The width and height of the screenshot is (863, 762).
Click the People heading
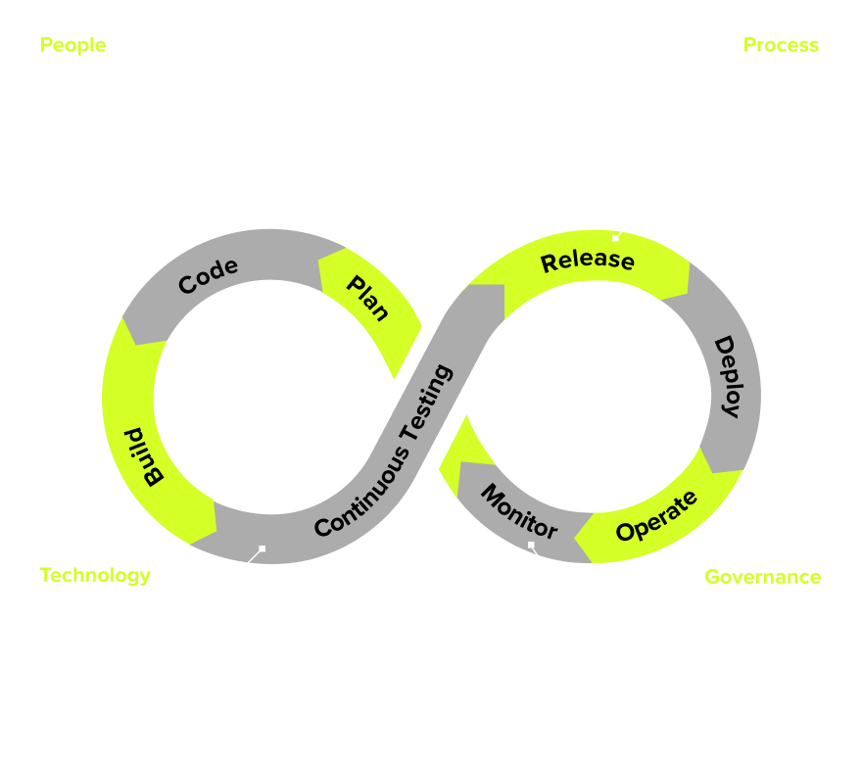pyautogui.click(x=72, y=45)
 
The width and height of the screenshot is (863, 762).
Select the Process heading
pyautogui.click(x=781, y=45)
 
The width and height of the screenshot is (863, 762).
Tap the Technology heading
pyautogui.click(x=95, y=575)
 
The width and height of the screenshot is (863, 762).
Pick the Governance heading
pyautogui.click(x=762, y=576)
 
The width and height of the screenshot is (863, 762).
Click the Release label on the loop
pyautogui.click(x=588, y=261)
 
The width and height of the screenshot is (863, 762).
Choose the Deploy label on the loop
pyautogui.click(x=727, y=377)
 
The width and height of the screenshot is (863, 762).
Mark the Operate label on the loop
pyautogui.click(x=656, y=516)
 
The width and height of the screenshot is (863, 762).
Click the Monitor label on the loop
pyautogui.click(x=518, y=510)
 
